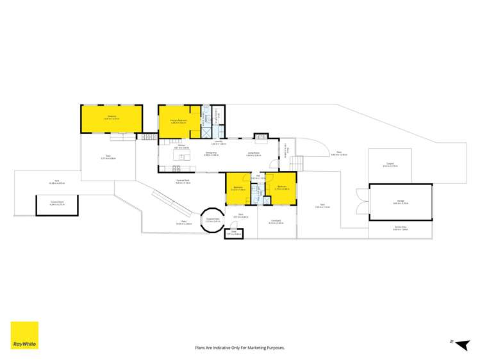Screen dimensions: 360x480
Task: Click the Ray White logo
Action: [24, 335]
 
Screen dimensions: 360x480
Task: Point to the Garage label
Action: [400, 202]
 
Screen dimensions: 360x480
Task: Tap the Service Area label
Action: [400, 229]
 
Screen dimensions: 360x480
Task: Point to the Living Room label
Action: [254, 153]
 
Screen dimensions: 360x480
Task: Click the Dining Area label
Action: [211, 153]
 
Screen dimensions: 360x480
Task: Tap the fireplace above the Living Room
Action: [260, 136]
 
